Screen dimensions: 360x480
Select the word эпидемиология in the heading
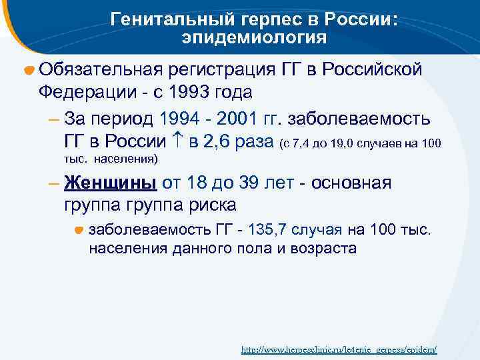point(254,38)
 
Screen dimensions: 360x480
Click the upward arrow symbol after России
point(177,141)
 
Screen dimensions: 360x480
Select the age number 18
point(193,183)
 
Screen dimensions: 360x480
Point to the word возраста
point(324,249)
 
